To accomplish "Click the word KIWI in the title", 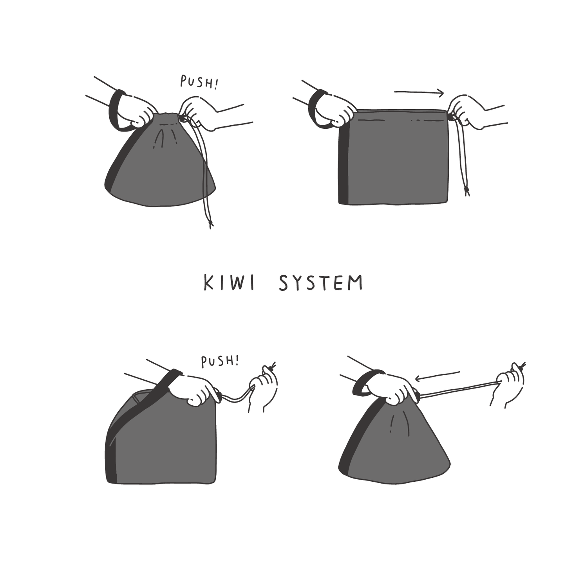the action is pos(229,283).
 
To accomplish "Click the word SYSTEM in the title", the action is pos(321,283).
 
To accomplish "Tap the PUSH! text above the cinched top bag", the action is pos(199,82).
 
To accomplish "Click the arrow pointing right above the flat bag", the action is pos(419,93).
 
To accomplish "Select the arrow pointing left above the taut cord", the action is pos(437,376).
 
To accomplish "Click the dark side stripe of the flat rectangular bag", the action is pos(344,164).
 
